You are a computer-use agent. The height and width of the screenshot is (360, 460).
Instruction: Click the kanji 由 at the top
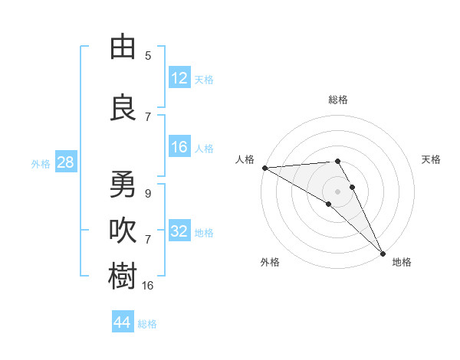tap(123, 47)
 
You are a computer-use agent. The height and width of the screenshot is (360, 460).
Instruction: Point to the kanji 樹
tap(123, 277)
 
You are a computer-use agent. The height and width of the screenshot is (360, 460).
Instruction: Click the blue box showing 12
tap(179, 79)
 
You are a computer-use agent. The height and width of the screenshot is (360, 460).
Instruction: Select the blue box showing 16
tap(179, 148)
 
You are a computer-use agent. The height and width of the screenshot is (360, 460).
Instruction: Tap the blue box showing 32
tap(179, 232)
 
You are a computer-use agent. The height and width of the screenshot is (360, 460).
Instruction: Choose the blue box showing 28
tap(65, 163)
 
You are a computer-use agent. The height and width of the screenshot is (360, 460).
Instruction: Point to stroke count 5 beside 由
tap(148, 56)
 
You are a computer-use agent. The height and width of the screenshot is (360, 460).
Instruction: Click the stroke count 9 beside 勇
tap(148, 194)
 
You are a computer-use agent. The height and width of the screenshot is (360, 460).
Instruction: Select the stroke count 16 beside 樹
tap(148, 285)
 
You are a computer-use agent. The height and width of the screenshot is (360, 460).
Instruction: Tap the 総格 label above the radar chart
tap(338, 100)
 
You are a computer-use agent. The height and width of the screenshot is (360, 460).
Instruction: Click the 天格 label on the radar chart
tap(431, 159)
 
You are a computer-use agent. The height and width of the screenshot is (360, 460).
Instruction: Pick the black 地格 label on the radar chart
tap(402, 262)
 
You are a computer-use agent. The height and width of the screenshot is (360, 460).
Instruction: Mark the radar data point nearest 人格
tap(264, 168)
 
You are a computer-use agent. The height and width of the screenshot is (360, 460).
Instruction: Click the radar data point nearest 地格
tap(383, 253)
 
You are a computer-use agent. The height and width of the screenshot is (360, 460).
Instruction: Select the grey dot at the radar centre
tap(337, 191)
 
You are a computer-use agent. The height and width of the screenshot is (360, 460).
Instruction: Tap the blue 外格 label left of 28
tap(41, 164)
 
